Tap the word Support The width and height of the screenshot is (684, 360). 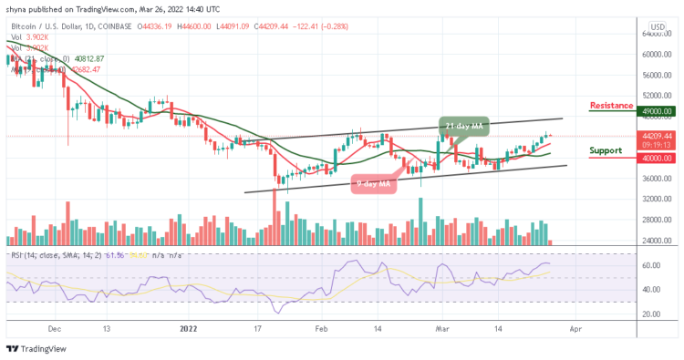click(x=606, y=150)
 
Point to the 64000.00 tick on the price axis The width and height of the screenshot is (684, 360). click(x=650, y=34)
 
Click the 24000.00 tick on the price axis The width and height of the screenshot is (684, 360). click(x=650, y=241)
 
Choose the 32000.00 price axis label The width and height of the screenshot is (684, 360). click(x=650, y=199)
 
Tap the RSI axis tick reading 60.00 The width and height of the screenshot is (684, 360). click(x=650, y=266)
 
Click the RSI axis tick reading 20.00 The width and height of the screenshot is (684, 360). click(x=650, y=314)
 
